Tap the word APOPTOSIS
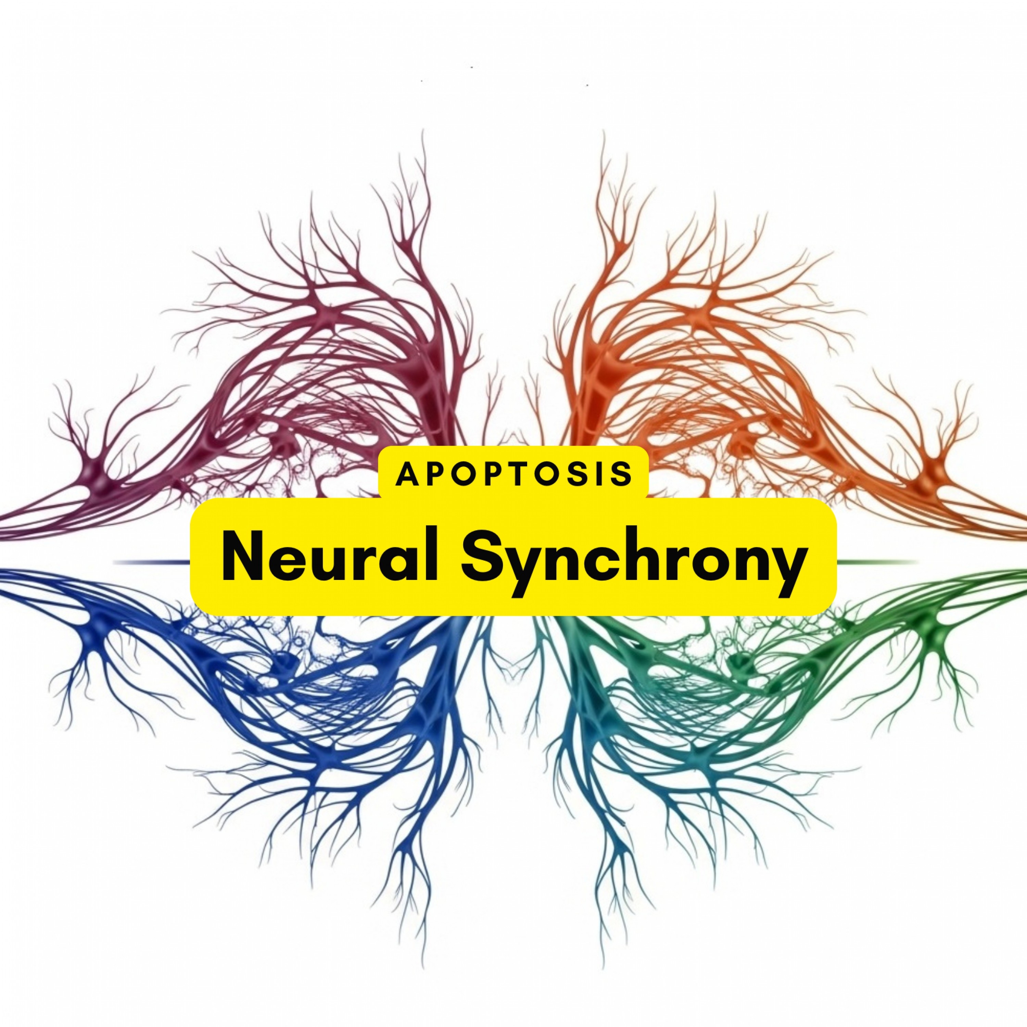point(513,473)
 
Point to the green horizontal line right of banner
point(877,561)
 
